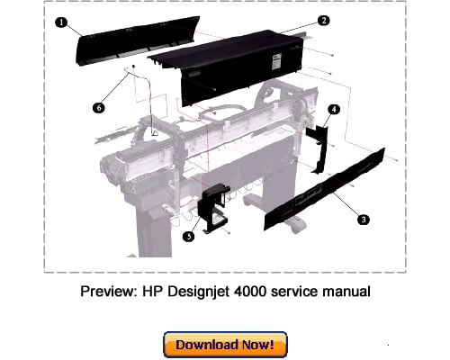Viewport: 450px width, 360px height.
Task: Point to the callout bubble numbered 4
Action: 334,109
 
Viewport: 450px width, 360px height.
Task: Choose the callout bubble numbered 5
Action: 188,237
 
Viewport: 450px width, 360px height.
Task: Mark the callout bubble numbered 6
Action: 99,107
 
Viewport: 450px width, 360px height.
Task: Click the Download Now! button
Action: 225,345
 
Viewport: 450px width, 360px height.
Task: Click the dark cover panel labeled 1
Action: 108,45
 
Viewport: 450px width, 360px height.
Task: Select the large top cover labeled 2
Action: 234,67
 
